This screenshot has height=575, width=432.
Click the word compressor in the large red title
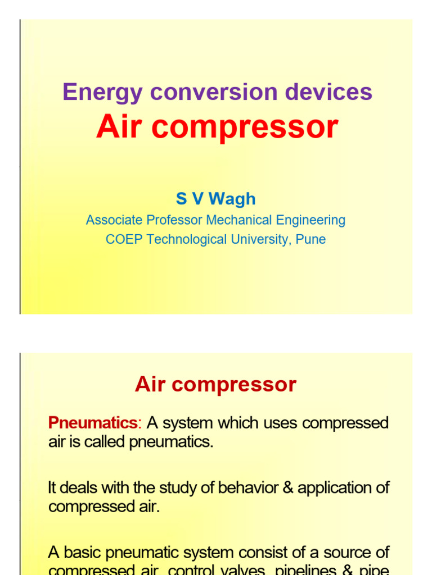click(x=246, y=127)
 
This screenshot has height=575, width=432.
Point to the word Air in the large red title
click(x=120, y=127)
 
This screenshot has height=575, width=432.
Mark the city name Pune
click(x=310, y=239)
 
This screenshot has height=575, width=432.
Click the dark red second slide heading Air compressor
click(x=215, y=385)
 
